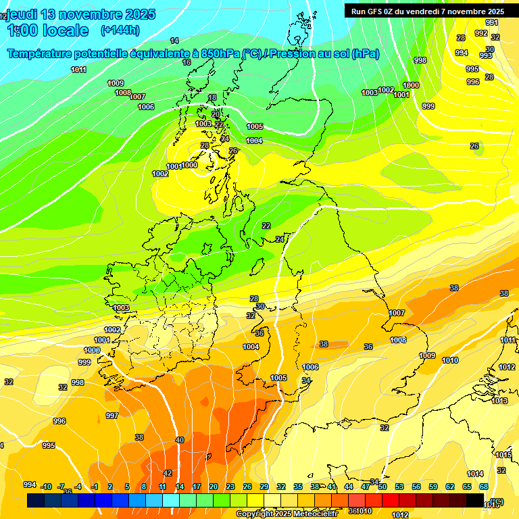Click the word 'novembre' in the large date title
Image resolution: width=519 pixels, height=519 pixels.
tap(95, 14)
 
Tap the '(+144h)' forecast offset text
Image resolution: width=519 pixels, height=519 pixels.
tap(120, 30)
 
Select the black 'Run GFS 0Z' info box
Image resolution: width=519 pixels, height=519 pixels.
tap(427, 11)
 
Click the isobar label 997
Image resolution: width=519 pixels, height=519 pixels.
tap(112, 416)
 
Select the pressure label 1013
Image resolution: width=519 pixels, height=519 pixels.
tap(499, 401)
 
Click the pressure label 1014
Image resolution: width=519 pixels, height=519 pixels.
tap(475, 474)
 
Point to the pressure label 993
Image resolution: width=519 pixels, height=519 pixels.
tap(486, 55)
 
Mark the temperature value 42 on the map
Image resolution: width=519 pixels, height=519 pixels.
tap(168, 473)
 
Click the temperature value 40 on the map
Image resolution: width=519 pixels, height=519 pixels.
tap(180, 440)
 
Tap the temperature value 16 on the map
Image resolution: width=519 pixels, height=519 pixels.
tap(187, 62)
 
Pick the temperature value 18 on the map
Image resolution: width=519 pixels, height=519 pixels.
tap(212, 97)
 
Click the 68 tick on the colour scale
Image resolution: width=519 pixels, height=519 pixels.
tap(483, 487)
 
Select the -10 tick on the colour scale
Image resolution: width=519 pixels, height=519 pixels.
tap(47, 487)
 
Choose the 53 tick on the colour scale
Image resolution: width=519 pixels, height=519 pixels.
tap(399, 487)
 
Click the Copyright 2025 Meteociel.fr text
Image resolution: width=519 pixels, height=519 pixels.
tap(287, 514)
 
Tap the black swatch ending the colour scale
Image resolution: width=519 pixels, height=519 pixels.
tap(475, 500)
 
